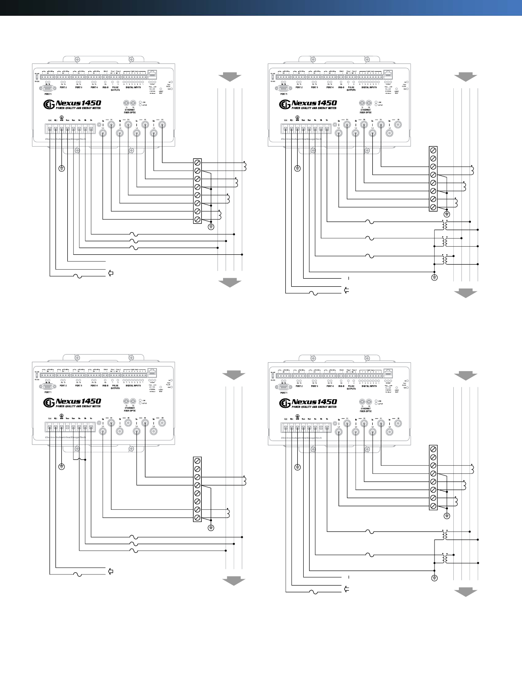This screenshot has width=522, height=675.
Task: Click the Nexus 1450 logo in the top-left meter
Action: coord(72,104)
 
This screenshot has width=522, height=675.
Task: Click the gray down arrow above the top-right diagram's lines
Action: coord(465,77)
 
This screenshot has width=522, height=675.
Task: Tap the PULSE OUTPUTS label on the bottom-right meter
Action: coord(351,387)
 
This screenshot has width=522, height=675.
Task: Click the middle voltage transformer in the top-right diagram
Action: coord(446,242)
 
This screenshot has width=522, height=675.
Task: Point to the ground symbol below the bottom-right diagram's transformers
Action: coord(434,578)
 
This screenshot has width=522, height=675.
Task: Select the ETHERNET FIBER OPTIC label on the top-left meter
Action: coord(130,111)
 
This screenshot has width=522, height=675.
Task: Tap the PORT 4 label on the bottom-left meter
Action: coord(94,386)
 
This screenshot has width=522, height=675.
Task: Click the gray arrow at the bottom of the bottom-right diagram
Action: coord(465,593)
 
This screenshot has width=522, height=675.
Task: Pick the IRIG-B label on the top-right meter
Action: coord(341,87)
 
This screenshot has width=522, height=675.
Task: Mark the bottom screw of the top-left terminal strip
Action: coord(198,219)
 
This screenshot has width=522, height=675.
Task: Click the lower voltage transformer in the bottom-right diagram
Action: coord(446,558)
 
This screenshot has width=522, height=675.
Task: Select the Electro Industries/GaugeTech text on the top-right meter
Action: coord(301,139)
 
